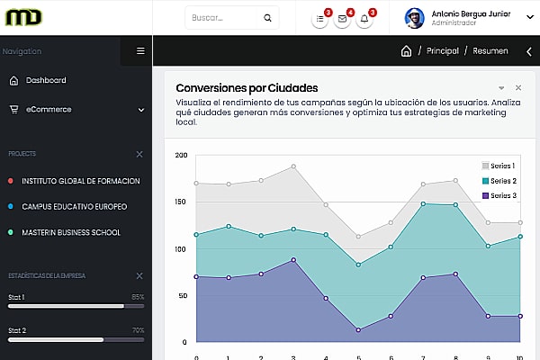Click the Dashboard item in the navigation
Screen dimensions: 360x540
tap(45, 80)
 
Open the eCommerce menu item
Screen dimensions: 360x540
tap(49, 110)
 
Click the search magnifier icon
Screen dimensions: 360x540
tap(267, 18)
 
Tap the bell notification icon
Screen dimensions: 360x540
tap(364, 18)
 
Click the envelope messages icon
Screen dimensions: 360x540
tap(342, 18)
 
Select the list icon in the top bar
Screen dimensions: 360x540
tap(320, 18)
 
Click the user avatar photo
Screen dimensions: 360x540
tap(414, 18)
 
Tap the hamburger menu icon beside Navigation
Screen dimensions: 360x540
tap(140, 51)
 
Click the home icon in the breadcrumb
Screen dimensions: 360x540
tap(406, 51)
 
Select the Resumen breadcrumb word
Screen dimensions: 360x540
tap(490, 51)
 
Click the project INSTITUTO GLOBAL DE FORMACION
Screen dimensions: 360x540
tap(81, 181)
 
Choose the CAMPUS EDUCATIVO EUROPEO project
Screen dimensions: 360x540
tap(74, 206)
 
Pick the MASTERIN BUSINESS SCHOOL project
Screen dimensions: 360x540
tap(71, 232)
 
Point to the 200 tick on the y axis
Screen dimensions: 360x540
tap(181, 156)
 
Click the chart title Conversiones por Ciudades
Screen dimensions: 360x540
tap(247, 88)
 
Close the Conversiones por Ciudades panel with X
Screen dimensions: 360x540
tap(518, 88)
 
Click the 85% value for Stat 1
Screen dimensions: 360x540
tap(138, 297)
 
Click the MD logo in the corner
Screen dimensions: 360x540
tap(22, 17)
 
